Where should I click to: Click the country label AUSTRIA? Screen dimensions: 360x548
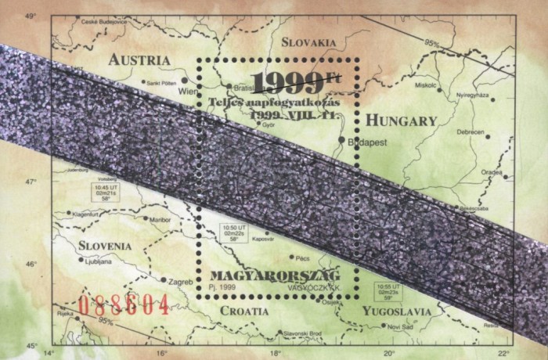coord(139,60)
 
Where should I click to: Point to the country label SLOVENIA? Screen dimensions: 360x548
coord(104,246)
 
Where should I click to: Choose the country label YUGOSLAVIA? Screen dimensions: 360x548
coord(397,311)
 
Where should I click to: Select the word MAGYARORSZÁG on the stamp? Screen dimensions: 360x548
coord(274,278)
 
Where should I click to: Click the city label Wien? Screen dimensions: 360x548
coord(188,91)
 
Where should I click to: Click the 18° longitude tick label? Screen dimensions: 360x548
coord(276,353)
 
